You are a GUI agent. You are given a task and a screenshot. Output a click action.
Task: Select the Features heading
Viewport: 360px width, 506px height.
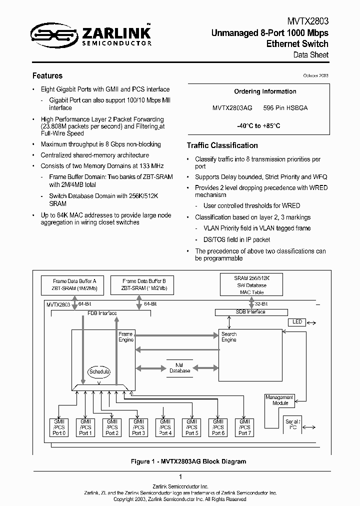coord(47,76)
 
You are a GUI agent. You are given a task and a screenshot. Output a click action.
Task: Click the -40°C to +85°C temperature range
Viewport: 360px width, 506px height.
coord(258,126)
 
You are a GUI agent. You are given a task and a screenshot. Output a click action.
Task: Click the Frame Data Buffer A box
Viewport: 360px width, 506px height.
coord(74,285)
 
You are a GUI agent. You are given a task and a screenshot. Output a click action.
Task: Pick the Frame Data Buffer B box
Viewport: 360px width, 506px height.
coord(140,285)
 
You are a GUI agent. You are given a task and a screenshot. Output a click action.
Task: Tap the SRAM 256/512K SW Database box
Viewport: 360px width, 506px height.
coord(251,285)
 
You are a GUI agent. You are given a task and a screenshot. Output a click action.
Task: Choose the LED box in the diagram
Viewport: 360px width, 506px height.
coord(297,322)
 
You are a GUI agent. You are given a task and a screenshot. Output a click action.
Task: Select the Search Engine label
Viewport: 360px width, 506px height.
coord(229,337)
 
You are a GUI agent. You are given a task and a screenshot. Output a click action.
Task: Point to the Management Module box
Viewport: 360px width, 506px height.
coord(280,400)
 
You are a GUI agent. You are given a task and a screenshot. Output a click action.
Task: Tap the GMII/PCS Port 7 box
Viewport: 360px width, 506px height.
coord(244,427)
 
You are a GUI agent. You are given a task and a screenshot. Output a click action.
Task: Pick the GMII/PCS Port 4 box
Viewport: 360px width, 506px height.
coord(165,427)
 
